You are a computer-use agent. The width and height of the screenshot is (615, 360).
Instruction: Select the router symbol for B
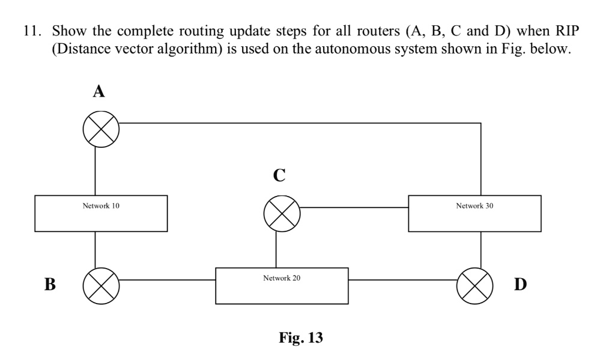pyautogui.click(x=101, y=284)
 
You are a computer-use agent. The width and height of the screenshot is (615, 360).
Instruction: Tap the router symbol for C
pyautogui.click(x=282, y=213)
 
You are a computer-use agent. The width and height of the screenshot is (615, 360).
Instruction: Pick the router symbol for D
pyautogui.click(x=475, y=284)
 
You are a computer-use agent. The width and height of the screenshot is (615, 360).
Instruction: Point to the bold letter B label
pyautogui.click(x=50, y=284)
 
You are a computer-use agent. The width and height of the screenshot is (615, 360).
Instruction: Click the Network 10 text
pyautogui.click(x=101, y=206)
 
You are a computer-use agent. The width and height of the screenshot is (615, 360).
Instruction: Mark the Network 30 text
pyautogui.click(x=474, y=206)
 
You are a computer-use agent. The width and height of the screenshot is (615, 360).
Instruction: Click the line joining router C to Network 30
pyautogui.click(x=354, y=207)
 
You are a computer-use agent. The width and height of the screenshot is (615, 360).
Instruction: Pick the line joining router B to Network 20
pyautogui.click(x=168, y=279)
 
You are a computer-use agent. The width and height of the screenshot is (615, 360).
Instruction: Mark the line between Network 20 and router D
pyautogui.click(x=402, y=279)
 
